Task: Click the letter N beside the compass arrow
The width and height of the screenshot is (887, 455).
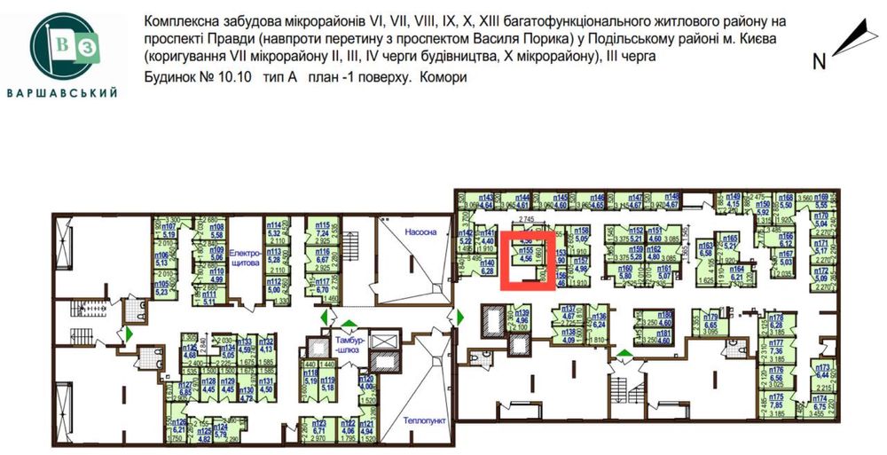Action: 820,61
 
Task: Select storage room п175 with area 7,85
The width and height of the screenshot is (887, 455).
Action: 777,403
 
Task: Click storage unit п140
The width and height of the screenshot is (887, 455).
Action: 486,267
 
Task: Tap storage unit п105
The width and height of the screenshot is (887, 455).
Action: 162,286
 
